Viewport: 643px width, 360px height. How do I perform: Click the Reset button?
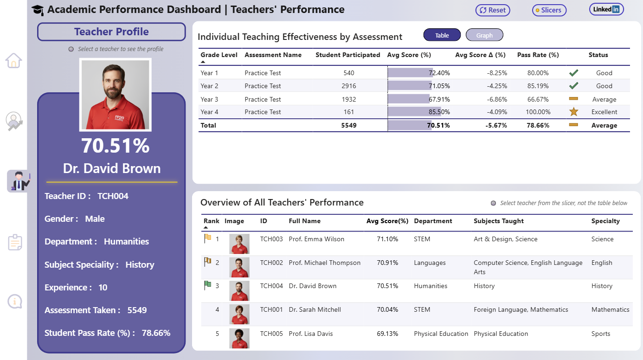tap(493, 10)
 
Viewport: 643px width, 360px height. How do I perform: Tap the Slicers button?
tap(549, 10)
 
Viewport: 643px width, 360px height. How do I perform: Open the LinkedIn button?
tap(606, 9)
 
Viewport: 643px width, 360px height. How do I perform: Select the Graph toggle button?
tap(484, 35)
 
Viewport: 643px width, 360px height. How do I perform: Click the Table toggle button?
tap(442, 35)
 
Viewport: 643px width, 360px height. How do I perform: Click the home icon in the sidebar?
tap(13, 61)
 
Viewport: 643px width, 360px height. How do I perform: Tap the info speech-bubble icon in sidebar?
tap(15, 302)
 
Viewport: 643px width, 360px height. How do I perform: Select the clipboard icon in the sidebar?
tap(15, 242)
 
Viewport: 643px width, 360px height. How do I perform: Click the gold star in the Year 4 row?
tap(573, 112)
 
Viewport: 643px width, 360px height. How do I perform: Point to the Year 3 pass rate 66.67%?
tap(538, 99)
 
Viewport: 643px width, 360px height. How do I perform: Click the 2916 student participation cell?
tap(349, 86)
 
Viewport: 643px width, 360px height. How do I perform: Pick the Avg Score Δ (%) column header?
tap(480, 55)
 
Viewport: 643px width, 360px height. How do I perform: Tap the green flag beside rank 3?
tap(207, 285)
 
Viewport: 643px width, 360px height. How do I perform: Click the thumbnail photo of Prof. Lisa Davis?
tap(239, 338)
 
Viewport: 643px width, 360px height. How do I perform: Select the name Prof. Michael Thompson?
tap(324, 263)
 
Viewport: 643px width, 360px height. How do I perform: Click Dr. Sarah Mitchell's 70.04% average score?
tap(387, 309)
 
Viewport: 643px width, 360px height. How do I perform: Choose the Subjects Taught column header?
tap(498, 221)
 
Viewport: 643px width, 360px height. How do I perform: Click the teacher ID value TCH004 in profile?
tap(113, 196)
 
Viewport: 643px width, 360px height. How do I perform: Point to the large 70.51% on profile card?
tap(115, 146)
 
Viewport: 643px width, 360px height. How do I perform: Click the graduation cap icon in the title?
tap(38, 10)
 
